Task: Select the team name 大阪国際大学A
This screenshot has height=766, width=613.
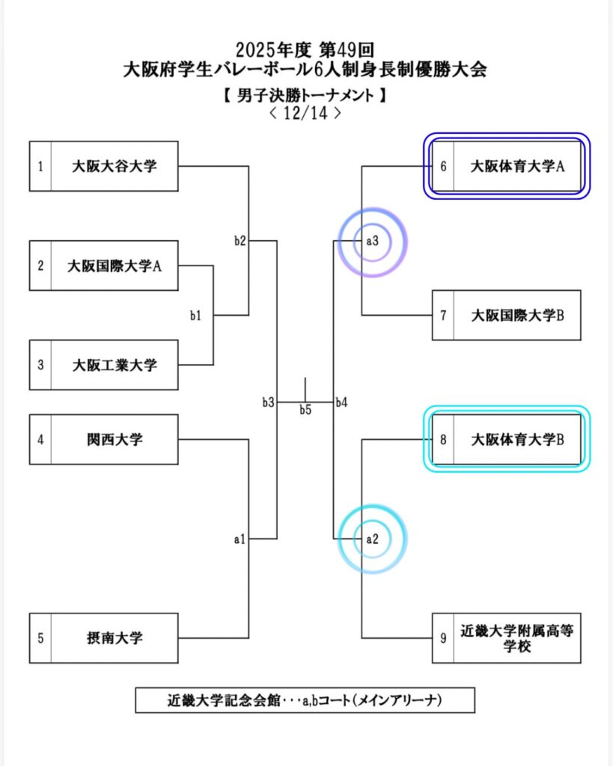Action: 115,266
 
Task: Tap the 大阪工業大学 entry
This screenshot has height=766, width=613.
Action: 115,365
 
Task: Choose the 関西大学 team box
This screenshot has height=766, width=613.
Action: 114,439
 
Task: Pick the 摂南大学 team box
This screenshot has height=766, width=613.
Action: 114,638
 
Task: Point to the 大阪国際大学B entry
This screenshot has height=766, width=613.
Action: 516,315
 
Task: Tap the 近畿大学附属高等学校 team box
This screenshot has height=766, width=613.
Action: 516,638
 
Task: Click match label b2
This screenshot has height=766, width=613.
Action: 240,241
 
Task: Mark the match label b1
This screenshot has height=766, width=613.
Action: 195,316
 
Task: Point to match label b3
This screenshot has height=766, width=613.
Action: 268,402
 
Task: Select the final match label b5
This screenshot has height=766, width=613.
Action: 305,409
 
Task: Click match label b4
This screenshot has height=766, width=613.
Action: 341,402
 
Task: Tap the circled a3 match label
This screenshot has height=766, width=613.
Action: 372,241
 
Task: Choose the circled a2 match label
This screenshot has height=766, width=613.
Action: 372,538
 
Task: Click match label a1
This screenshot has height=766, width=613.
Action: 240,538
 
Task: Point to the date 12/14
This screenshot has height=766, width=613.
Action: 305,114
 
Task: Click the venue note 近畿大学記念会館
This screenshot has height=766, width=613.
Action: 224,701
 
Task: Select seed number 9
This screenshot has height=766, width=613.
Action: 443,638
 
